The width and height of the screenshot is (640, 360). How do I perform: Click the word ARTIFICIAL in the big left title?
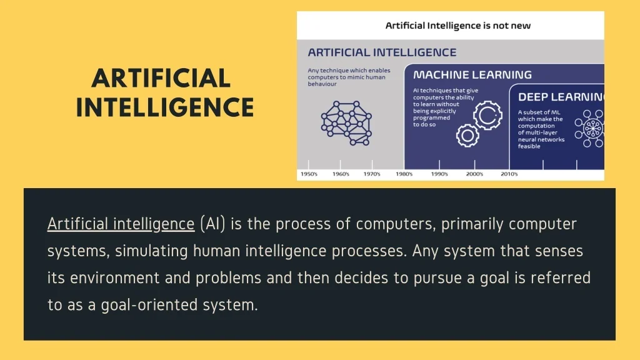click(x=161, y=78)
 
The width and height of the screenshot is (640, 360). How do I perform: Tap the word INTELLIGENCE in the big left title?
click(x=165, y=107)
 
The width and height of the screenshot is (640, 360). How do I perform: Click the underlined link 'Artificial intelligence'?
click(x=121, y=224)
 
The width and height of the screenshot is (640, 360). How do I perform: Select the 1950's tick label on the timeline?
click(x=309, y=174)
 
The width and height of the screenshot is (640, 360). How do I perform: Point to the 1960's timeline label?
click(x=341, y=174)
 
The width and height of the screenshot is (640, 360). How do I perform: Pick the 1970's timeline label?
click(x=372, y=174)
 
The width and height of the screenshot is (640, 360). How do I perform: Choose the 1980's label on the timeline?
click(x=404, y=174)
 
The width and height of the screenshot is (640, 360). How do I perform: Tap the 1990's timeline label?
click(x=439, y=174)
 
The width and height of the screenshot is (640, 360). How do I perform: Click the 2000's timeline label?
click(x=474, y=174)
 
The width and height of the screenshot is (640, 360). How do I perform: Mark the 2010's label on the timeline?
click(x=509, y=174)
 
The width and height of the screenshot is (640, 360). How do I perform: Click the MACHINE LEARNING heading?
click(x=472, y=75)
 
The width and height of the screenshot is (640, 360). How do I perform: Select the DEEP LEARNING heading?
click(x=561, y=97)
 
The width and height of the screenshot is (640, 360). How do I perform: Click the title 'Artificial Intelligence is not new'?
click(x=458, y=26)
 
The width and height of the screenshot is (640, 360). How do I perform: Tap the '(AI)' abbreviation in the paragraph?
click(x=212, y=224)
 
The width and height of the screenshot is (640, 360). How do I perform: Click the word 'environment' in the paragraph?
click(x=115, y=278)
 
